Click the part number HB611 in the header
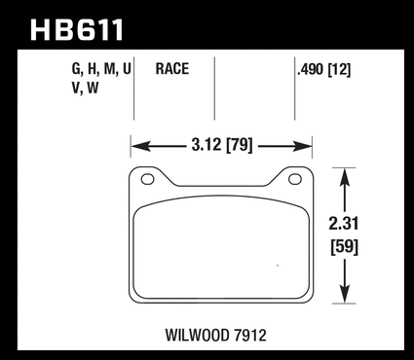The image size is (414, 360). pos(77,29)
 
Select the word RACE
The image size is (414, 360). pos(172,69)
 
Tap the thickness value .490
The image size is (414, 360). pos(311,69)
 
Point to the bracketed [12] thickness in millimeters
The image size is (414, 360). pos(339,69)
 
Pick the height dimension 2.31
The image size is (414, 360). pos(343,224)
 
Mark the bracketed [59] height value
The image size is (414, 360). pos(344,247)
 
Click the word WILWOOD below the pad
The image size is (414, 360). pos(198,336)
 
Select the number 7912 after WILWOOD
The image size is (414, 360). pos(249,336)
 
